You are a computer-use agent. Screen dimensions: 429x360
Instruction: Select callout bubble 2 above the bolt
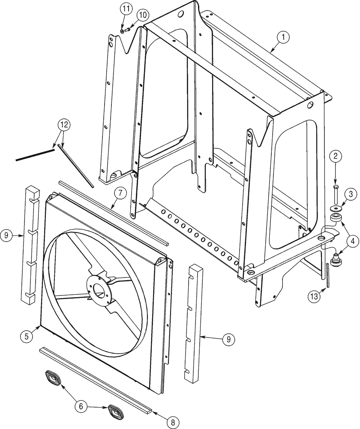pos(335,157)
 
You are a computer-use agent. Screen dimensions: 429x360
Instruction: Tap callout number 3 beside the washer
pos(350,196)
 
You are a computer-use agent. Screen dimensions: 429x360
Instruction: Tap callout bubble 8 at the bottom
pos(173,422)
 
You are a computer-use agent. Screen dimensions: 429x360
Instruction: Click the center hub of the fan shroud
pos(101,290)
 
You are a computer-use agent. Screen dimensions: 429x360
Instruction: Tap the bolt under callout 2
pos(335,195)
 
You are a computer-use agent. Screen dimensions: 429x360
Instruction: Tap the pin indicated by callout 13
pos(328,276)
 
